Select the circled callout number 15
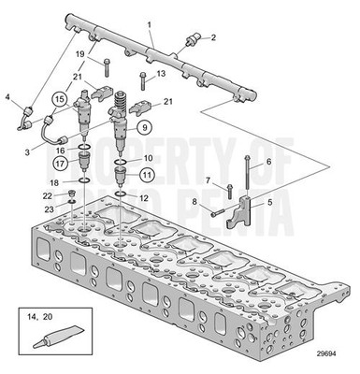tap(59, 97)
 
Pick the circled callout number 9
tap(144, 127)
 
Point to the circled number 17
tap(59, 162)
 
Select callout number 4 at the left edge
tap(7, 96)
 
